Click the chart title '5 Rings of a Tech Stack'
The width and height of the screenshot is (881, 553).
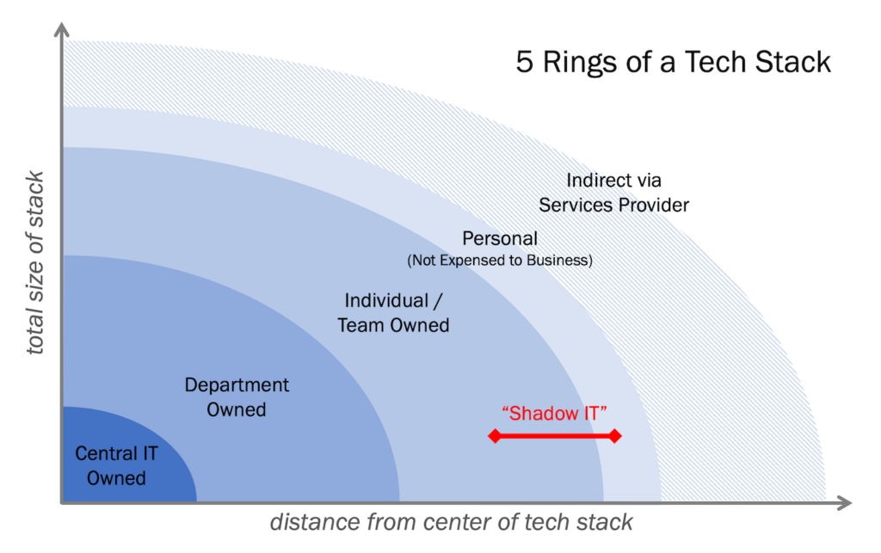673,63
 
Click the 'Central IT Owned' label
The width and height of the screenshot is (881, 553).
116,465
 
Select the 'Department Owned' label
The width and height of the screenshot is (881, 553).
237,397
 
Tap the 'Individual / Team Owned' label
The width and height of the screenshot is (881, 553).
393,312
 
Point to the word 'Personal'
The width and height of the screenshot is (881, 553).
500,238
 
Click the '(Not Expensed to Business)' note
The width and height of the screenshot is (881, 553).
500,260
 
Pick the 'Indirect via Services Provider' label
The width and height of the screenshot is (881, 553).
613,193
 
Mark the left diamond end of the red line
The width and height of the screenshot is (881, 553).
494,436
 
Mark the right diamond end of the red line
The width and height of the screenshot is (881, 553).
614,436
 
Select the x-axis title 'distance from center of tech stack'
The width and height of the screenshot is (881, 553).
452,522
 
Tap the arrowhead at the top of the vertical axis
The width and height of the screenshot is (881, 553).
62,30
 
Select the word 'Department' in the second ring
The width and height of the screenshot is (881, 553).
237,385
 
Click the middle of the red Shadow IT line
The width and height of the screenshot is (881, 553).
554,436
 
